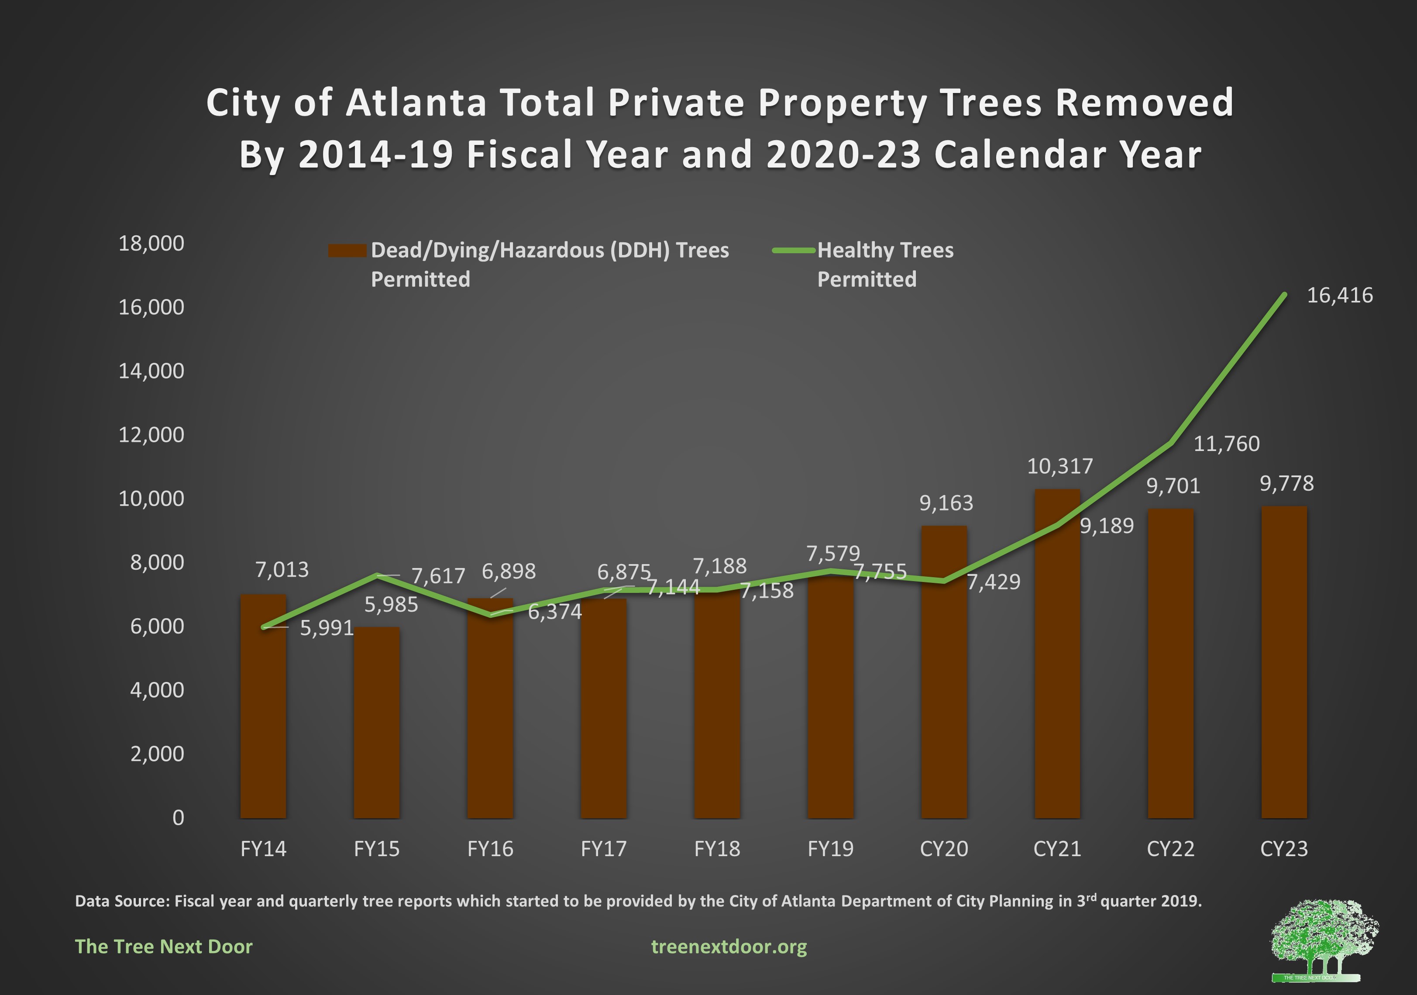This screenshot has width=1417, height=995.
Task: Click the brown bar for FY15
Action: click(x=376, y=722)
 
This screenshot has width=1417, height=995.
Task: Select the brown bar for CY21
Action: click(x=1057, y=654)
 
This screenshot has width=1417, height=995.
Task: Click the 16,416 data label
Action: click(x=1340, y=296)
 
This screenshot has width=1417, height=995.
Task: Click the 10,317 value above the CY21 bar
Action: click(x=1059, y=466)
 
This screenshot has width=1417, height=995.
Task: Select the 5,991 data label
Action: click(x=327, y=628)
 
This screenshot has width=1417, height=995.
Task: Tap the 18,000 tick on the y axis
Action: click(x=151, y=243)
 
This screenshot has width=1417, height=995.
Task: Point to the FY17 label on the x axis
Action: click(x=604, y=849)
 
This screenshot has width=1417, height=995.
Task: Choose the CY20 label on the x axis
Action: click(x=944, y=849)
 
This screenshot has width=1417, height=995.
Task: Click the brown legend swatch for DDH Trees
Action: click(x=347, y=251)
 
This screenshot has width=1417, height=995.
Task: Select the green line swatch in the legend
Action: click(x=794, y=251)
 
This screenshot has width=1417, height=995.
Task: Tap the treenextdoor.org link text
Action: click(x=729, y=946)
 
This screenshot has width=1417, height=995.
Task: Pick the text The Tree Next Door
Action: click(x=164, y=946)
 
